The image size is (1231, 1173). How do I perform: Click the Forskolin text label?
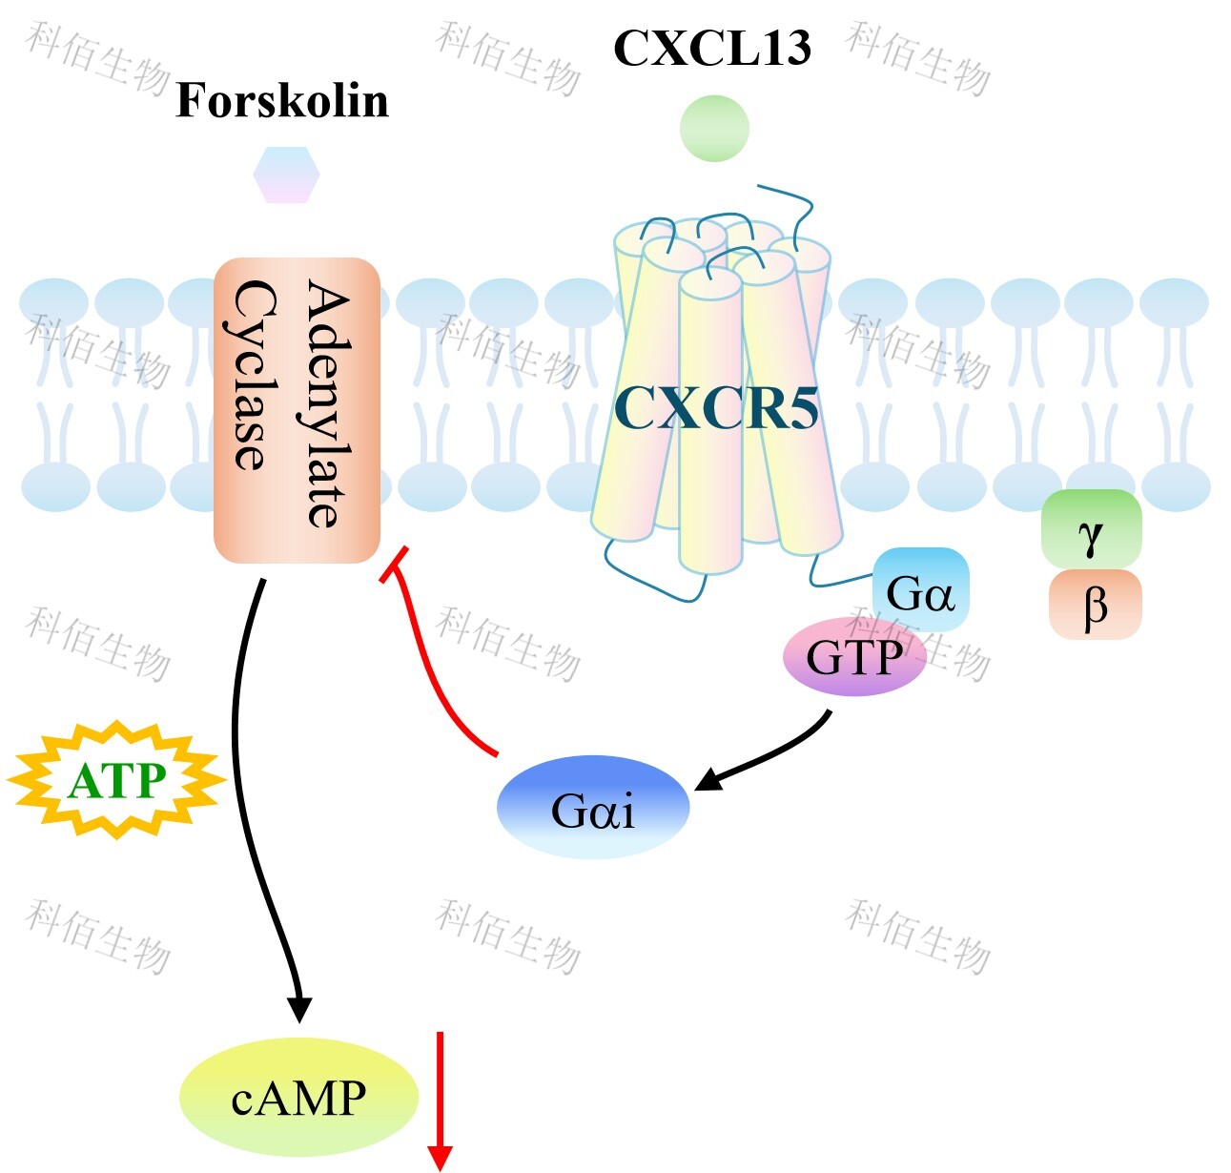(282, 101)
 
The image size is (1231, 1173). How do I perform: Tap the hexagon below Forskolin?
(286, 175)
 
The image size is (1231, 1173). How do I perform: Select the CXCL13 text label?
(712, 48)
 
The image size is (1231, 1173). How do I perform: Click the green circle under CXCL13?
(714, 128)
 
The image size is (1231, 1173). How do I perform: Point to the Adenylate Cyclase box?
(297, 410)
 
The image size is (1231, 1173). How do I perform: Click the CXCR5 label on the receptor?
(716, 408)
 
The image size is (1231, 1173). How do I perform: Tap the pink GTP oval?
(854, 657)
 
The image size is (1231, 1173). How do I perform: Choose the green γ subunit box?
(1091, 531)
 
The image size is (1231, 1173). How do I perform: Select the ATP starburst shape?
(116, 780)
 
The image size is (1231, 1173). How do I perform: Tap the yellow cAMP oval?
(298, 1097)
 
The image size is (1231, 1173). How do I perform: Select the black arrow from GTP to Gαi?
(772, 755)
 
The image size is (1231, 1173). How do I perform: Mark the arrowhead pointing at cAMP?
(299, 1009)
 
